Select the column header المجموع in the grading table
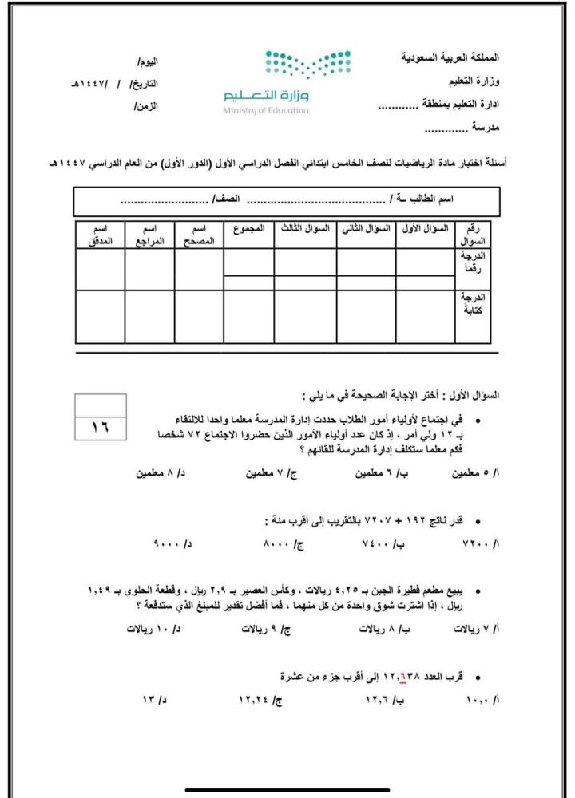pos(249,229)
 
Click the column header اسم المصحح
pos(199,235)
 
